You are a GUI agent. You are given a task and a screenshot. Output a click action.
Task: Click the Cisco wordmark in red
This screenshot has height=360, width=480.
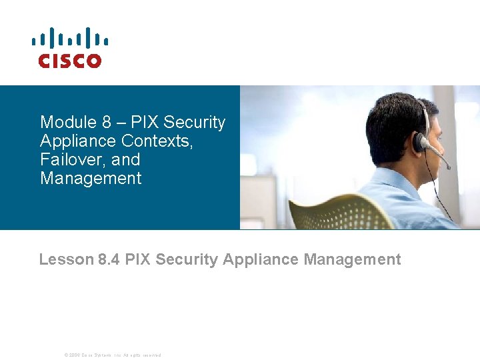[69, 61]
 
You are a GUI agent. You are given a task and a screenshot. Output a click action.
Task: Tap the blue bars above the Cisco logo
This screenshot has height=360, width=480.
[69, 38]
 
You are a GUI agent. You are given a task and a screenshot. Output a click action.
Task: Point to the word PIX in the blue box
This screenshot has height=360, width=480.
[145, 123]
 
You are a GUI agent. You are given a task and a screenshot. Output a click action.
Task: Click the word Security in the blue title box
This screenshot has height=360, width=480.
[195, 123]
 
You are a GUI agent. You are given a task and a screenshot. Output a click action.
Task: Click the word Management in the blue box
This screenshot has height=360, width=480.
[91, 179]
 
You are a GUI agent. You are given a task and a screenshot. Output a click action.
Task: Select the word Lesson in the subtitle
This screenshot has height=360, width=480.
[66, 259]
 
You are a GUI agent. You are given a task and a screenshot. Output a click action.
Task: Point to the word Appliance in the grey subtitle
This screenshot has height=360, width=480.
[261, 259]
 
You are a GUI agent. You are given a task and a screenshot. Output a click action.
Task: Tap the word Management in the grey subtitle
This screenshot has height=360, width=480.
[352, 259]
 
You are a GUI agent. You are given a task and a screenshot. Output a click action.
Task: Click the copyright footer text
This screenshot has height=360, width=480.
[112, 355]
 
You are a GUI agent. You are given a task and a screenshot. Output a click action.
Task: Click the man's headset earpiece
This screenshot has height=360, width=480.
[420, 142]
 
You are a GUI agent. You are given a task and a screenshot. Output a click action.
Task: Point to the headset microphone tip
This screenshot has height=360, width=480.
[448, 167]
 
